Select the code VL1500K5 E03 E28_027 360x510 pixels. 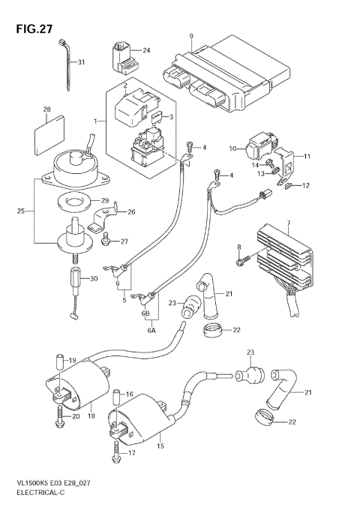(51, 485)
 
